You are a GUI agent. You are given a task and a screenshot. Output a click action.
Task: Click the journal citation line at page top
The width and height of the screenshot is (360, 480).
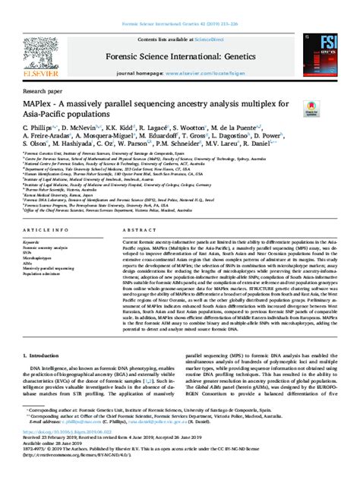(x=180, y=5)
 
